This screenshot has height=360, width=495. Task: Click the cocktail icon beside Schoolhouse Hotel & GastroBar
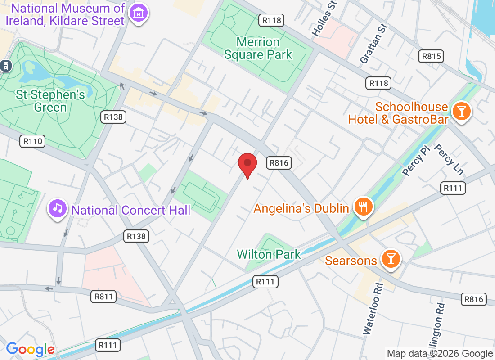[461, 111]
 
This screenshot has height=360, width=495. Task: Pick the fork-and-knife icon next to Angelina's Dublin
[362, 207]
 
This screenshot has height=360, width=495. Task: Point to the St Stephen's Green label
[50, 101]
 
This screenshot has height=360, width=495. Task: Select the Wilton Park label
[269, 254]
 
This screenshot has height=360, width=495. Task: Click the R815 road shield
[431, 56]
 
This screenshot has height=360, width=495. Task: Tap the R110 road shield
[32, 141]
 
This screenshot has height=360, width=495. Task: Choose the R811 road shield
[103, 297]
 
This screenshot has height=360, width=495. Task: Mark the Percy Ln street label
[449, 159]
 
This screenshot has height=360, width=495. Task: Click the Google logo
[30, 349]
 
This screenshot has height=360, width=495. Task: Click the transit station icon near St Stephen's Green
[6, 65]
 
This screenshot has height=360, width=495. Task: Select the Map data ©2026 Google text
[440, 354]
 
